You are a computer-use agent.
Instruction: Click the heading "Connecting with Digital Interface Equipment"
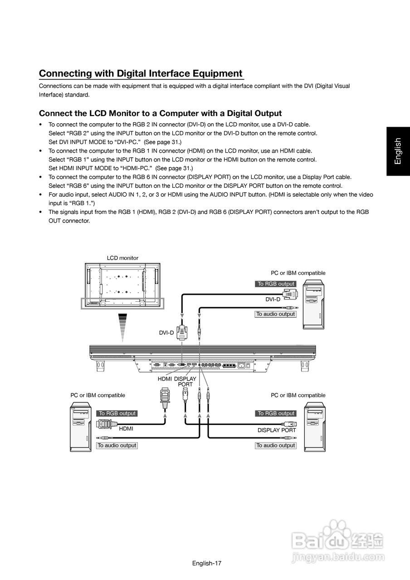(x=141, y=73)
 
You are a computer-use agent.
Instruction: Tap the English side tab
(x=398, y=151)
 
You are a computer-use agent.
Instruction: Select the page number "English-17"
(x=206, y=563)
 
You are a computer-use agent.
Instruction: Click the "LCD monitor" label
(x=122, y=258)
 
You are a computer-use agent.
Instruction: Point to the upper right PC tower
(x=313, y=304)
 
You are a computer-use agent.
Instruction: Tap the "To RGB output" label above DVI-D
(x=276, y=284)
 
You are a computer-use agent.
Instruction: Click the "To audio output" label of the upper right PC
(x=275, y=314)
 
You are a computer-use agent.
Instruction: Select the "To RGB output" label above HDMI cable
(x=117, y=413)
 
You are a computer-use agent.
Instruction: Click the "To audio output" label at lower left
(x=117, y=445)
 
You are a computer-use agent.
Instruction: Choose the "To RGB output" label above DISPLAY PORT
(x=276, y=413)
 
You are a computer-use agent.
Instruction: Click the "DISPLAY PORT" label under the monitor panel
(x=185, y=382)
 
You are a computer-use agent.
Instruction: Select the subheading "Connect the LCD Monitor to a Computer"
(x=160, y=113)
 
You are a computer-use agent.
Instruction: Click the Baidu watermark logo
(x=338, y=541)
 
